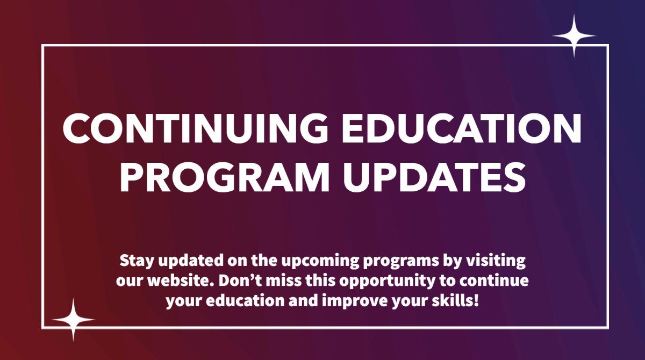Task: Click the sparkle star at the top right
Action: click(574, 36)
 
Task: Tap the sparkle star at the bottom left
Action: click(74, 319)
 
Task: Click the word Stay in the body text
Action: click(134, 262)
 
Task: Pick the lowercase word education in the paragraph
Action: click(245, 300)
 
